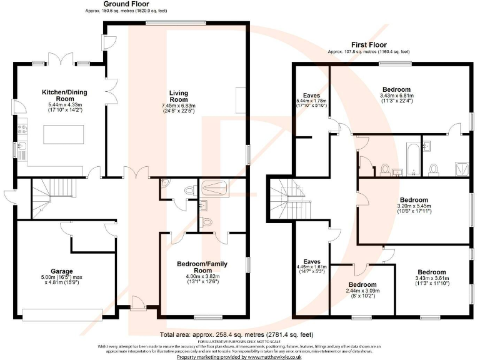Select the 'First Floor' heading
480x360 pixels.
[367, 45]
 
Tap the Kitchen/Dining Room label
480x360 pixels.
[64, 96]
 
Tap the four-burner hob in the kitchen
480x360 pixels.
[22, 129]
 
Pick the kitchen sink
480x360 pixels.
[21, 149]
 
